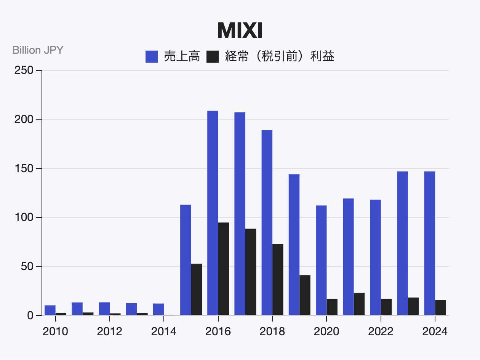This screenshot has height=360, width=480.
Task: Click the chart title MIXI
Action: (240, 31)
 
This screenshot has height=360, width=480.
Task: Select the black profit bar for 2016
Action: (224, 269)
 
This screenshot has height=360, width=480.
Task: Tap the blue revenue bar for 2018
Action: (267, 222)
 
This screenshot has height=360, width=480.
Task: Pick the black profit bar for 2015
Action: (197, 289)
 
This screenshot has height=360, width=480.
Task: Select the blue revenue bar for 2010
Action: (50, 310)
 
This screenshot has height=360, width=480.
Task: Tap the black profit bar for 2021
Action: (359, 304)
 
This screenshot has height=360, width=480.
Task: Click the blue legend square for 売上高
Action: (152, 57)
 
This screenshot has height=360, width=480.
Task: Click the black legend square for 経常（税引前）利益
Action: (213, 57)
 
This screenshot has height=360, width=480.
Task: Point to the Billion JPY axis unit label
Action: (38, 50)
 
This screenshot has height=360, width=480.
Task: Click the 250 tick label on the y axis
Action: (24, 70)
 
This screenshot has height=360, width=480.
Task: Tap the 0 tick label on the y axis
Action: (30, 316)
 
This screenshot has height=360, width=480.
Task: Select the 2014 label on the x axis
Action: (164, 331)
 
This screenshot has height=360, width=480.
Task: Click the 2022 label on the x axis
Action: (381, 331)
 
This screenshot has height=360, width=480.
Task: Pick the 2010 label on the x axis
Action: (55, 331)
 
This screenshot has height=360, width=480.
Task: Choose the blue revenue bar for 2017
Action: (240, 214)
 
